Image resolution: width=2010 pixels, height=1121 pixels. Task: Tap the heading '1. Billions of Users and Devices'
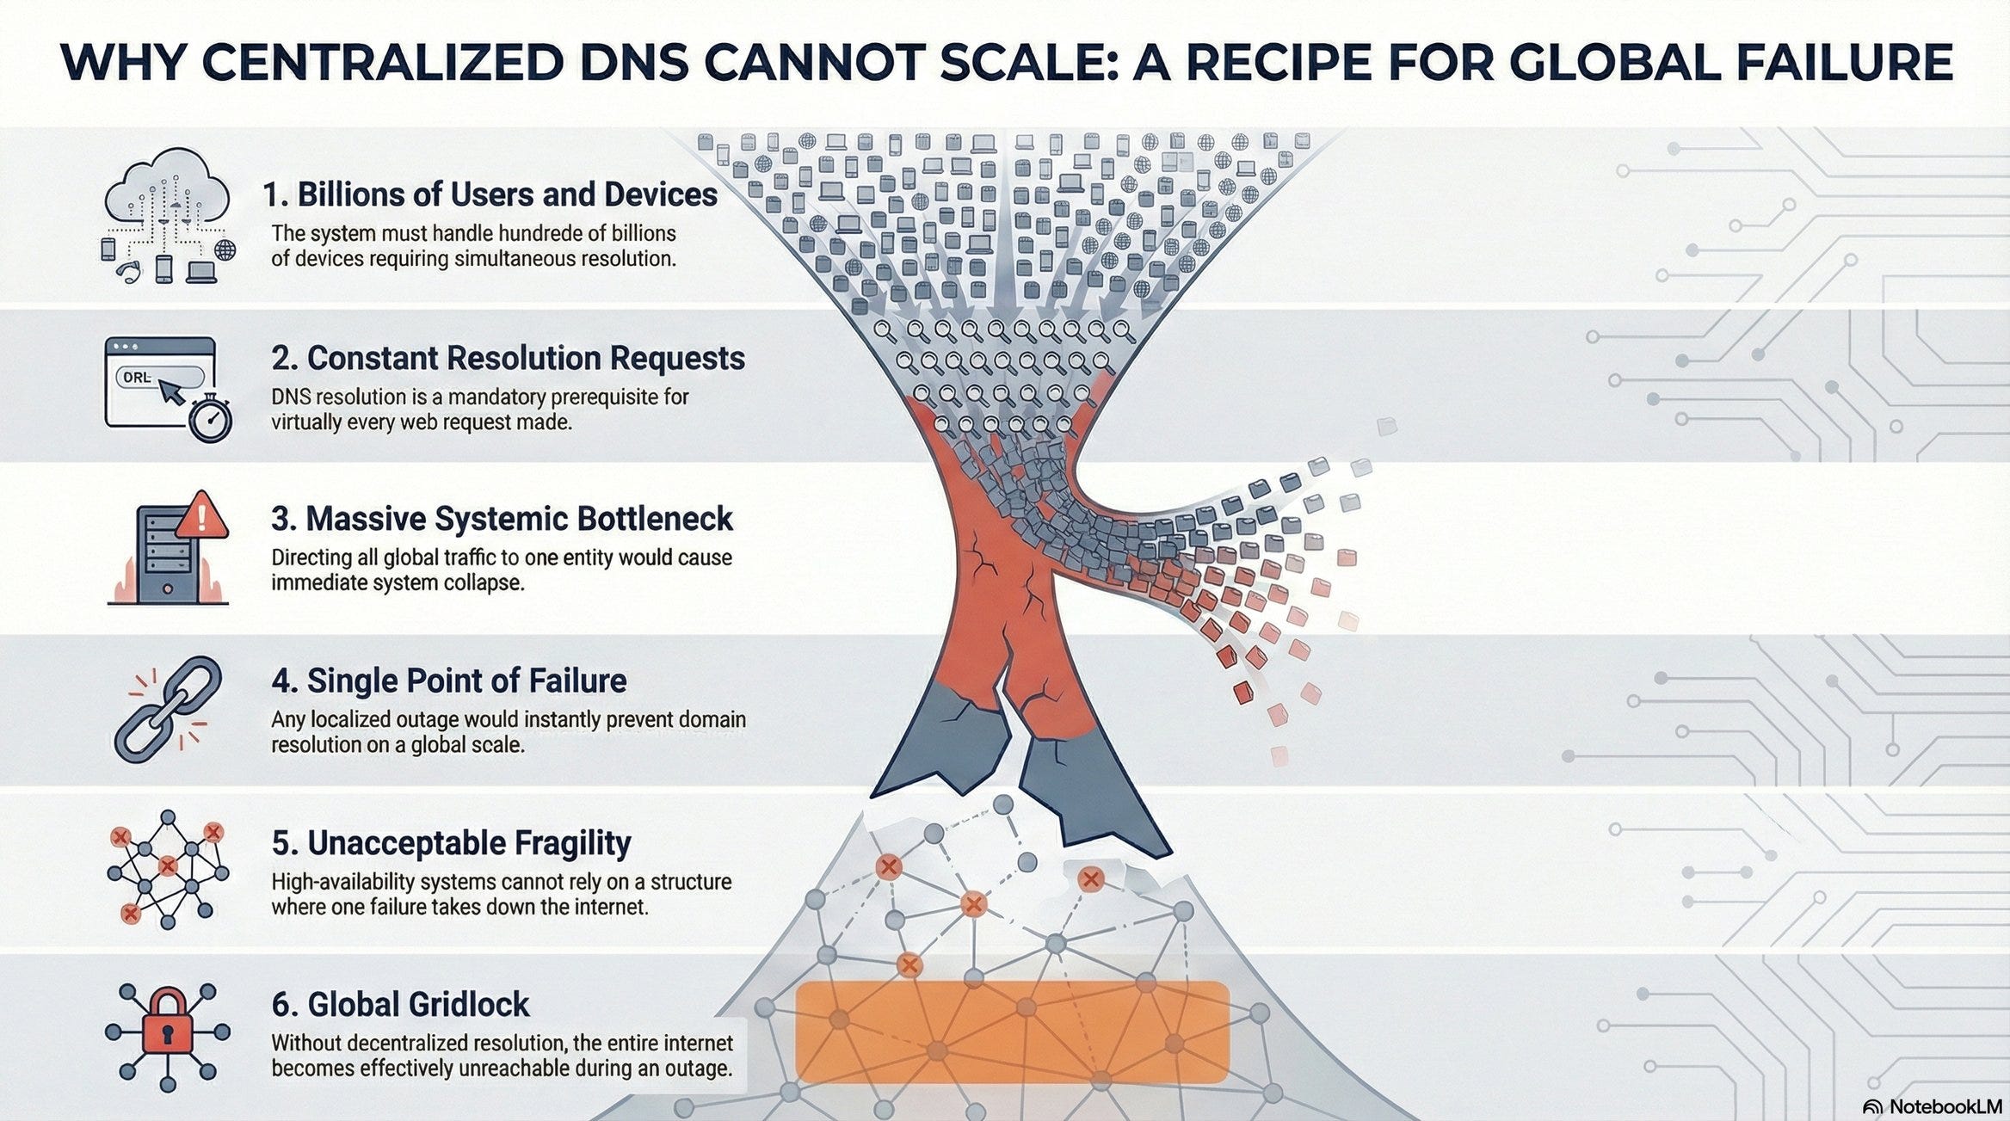pyautogui.click(x=490, y=194)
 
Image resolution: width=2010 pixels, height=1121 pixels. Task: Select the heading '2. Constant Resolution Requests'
pyautogui.click(x=508, y=358)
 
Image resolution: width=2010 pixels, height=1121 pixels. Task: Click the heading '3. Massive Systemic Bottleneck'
pyautogui.click(x=502, y=519)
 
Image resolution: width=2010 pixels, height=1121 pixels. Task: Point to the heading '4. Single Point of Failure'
pyautogui.click(x=449, y=681)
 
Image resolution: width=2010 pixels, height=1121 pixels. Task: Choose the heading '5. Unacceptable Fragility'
pyautogui.click(x=451, y=843)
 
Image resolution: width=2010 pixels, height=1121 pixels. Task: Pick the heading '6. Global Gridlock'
pyautogui.click(x=401, y=1004)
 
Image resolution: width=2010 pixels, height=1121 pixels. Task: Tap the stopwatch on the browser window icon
pyautogui.click(x=211, y=419)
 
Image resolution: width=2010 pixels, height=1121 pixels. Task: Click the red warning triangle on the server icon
pyautogui.click(x=202, y=516)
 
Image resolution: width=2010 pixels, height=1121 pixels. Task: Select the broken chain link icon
pyautogui.click(x=168, y=708)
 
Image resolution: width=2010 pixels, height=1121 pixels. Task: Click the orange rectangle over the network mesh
pyautogui.click(x=1012, y=1031)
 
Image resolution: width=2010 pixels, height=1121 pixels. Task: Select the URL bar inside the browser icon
pyautogui.click(x=159, y=377)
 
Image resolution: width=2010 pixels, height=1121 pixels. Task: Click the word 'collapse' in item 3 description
pyautogui.click(x=481, y=582)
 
